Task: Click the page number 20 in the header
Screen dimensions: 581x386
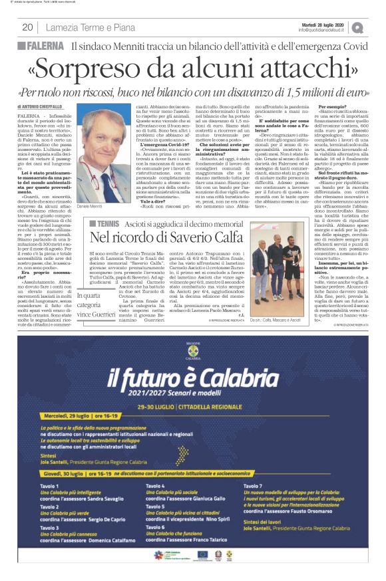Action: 27,27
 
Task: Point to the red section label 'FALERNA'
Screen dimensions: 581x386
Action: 45,47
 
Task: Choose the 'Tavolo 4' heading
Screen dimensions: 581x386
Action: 156,487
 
